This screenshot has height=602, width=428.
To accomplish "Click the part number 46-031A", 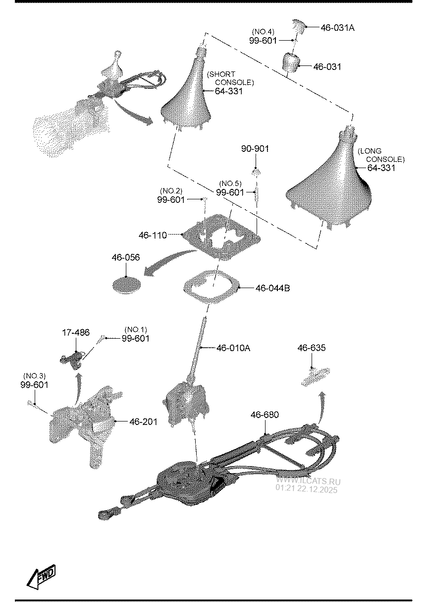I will [x=337, y=28].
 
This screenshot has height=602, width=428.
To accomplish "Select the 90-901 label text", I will [x=255, y=149].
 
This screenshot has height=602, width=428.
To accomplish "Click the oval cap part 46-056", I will [x=126, y=284].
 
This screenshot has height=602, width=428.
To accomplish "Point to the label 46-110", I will [x=153, y=235].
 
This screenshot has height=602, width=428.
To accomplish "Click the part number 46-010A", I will [x=233, y=348].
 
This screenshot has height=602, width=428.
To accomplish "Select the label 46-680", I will [x=265, y=415].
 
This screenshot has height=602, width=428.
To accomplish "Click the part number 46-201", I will [x=143, y=422].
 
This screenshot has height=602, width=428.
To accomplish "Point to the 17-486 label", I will [x=76, y=332].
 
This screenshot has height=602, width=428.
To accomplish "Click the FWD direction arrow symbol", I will [x=41, y=577].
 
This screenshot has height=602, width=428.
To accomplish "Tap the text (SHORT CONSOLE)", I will [x=230, y=78].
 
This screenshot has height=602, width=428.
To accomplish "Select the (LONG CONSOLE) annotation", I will [x=381, y=155].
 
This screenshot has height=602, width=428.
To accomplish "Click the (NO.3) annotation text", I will [x=34, y=375].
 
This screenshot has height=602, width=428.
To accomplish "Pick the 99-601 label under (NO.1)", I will [x=135, y=338].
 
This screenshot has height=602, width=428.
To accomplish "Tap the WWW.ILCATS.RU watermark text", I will [x=308, y=481].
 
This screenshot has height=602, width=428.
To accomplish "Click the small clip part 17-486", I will [x=73, y=359].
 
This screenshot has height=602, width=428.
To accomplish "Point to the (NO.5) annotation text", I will [x=230, y=183].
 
